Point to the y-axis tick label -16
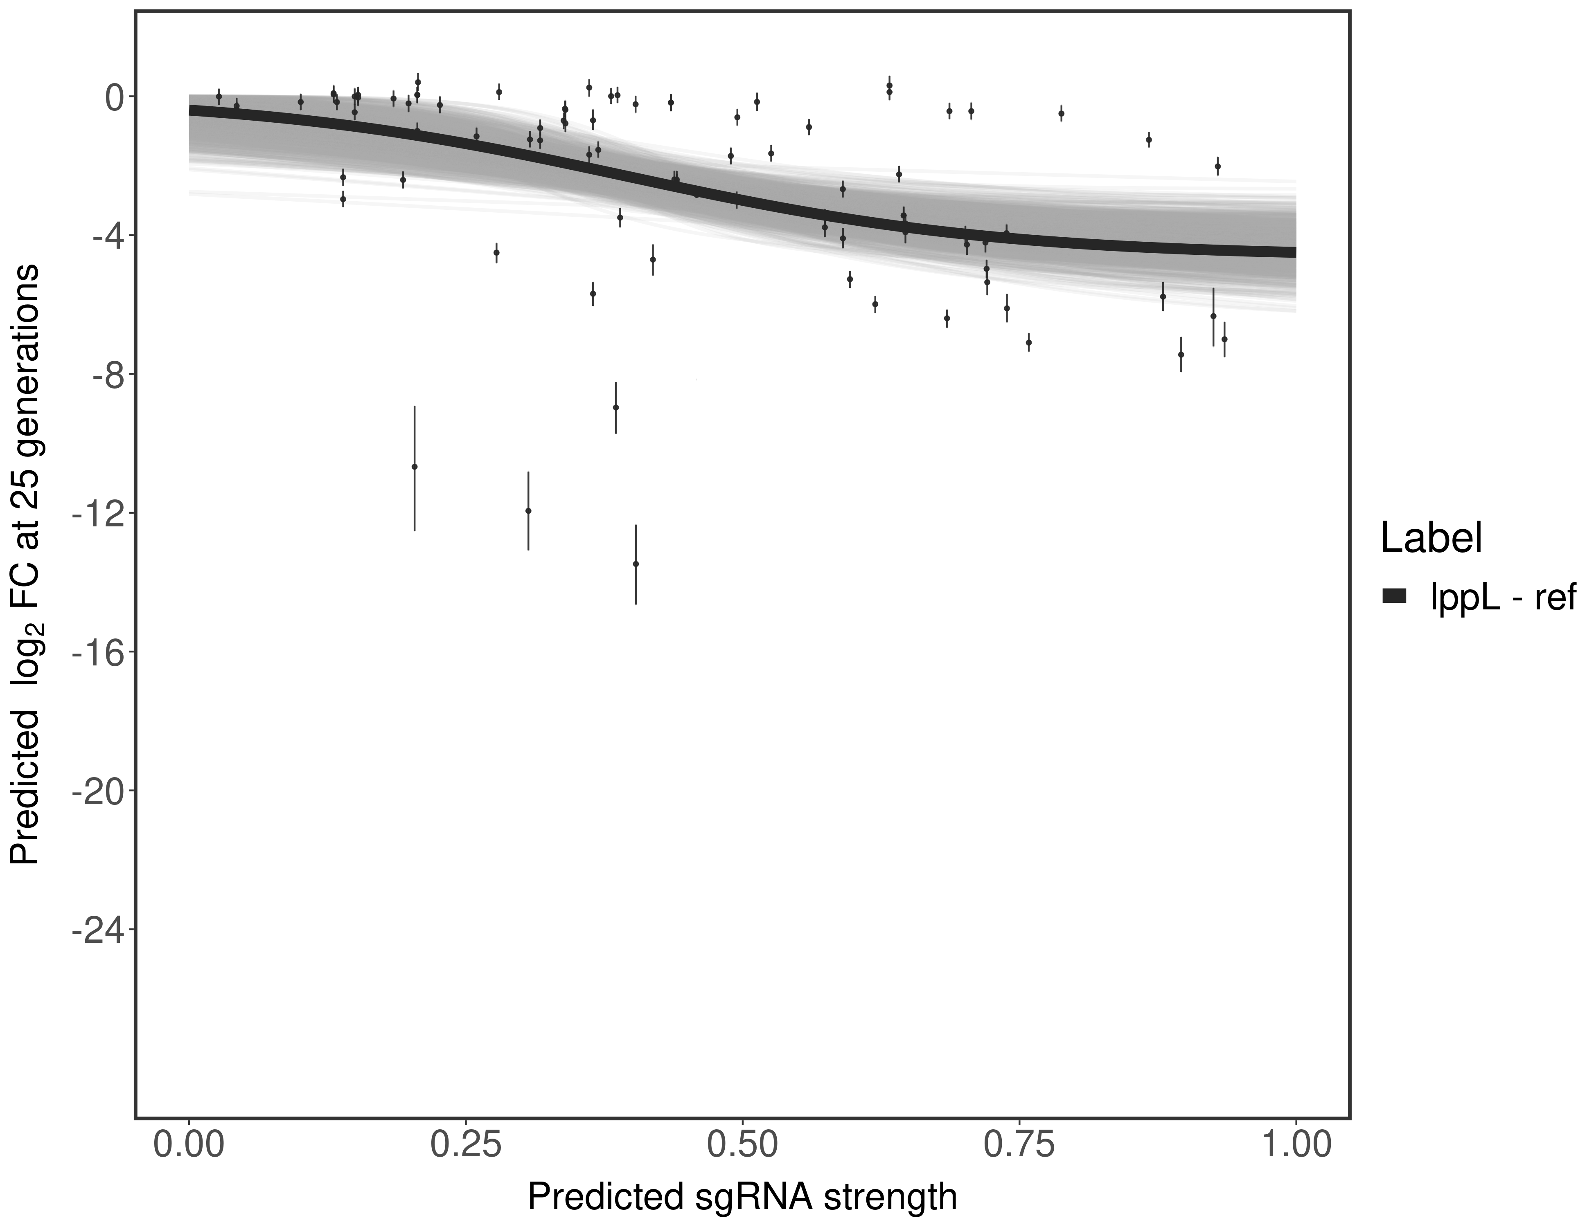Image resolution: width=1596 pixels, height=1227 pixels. click(94, 652)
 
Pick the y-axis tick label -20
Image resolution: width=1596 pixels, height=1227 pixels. click(94, 792)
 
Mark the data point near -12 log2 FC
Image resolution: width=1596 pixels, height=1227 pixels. click(528, 510)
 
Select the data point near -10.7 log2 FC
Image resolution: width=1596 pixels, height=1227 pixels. click(414, 467)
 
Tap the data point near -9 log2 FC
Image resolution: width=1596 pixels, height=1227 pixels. click(616, 407)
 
